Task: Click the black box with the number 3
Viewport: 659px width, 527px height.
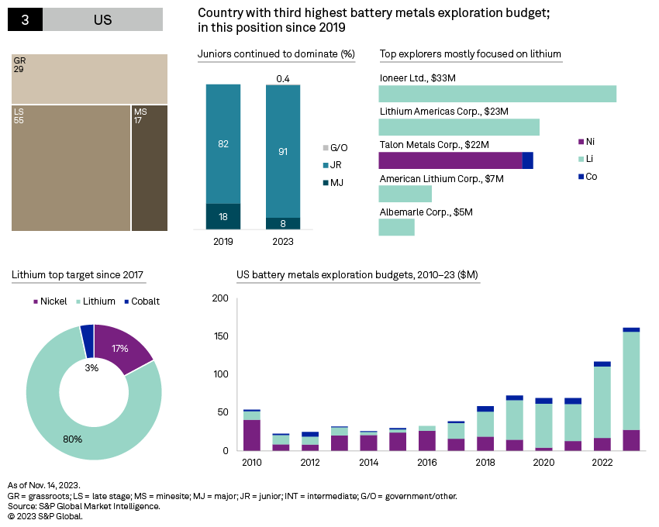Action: coord(25,20)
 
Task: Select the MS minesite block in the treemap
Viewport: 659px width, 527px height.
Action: coord(150,167)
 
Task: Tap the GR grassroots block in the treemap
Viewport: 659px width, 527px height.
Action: coord(89,78)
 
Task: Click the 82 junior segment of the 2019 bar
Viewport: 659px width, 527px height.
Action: coord(223,143)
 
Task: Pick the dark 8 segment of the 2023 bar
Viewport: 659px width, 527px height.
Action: coord(283,223)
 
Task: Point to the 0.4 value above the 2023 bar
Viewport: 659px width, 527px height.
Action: coord(283,79)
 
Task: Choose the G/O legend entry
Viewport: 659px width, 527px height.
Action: coord(336,147)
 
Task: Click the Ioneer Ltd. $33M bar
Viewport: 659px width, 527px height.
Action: coord(497,94)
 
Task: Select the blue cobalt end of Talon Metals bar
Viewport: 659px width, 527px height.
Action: coord(528,160)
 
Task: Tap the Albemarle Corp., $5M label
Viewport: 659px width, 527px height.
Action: coord(426,212)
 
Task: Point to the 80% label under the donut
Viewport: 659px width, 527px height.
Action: coord(74,439)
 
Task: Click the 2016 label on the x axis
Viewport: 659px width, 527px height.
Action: coord(427,463)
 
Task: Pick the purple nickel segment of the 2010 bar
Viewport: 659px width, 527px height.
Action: coord(252,435)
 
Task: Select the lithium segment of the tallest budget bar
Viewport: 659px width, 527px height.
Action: coord(631,381)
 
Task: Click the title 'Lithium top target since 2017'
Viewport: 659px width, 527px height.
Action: coord(78,275)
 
